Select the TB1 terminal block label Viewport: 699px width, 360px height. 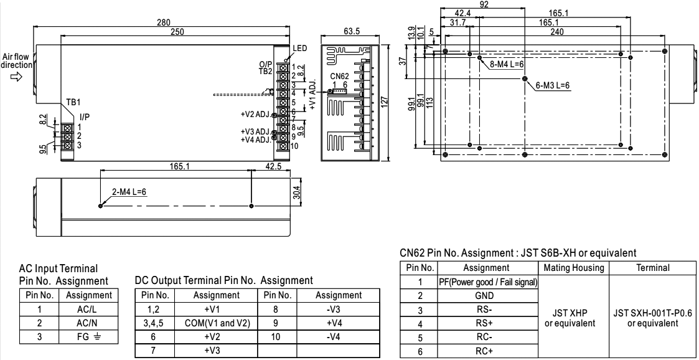73,101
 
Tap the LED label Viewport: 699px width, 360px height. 299,49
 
